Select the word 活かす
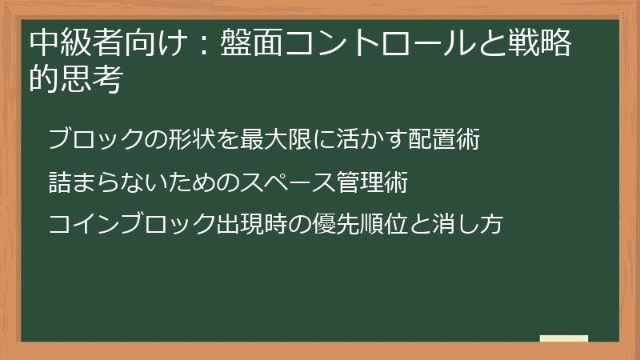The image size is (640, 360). coord(364,140)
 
